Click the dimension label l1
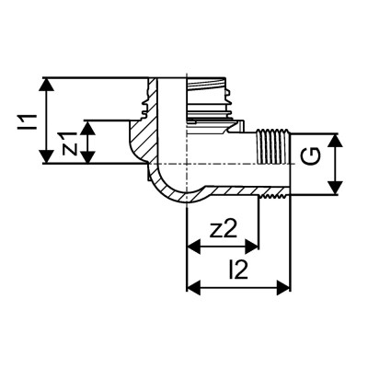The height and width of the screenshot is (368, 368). pos(27,120)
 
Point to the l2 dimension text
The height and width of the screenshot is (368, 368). pos(238,270)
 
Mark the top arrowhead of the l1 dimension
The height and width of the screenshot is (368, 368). pos(49,83)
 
